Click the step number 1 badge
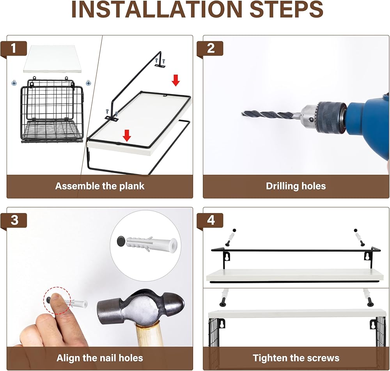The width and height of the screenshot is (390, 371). [14, 48]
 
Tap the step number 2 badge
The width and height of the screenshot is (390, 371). [211, 48]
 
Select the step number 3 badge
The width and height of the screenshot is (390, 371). [14, 220]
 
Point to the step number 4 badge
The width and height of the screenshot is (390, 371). [211, 220]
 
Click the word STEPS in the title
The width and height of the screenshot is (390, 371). [286, 9]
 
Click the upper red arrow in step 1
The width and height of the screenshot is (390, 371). [175, 80]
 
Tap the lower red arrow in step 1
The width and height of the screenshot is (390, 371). [127, 135]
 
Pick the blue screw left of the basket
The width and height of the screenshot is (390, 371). [14, 83]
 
